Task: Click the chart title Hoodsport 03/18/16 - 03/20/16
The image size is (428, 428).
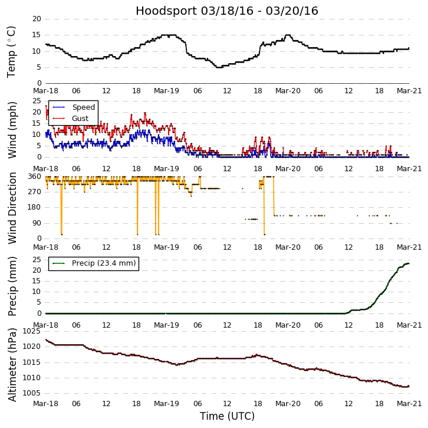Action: [227, 11]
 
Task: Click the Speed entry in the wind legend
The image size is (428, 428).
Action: [83, 107]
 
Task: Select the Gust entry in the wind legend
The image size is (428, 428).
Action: [80, 119]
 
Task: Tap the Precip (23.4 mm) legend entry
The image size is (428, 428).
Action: [103, 263]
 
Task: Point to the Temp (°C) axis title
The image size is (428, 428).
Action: [12, 51]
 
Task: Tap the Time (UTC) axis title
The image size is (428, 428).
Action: [227, 416]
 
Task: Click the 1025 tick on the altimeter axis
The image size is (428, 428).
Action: [32, 332]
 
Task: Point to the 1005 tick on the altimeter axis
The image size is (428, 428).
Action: [32, 393]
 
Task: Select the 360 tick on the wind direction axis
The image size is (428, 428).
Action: [34, 177]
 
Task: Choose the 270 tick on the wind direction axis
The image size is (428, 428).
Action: [34, 192]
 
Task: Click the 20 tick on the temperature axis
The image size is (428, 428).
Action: [37, 19]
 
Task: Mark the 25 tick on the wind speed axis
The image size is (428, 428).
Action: [37, 101]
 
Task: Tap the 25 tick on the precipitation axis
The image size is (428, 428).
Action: [37, 260]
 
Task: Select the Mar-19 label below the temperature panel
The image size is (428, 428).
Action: [167, 92]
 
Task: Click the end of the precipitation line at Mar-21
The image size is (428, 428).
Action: [409, 263]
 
